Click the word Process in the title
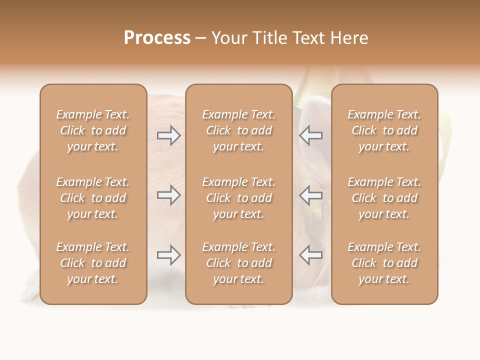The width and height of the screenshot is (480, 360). coord(157,38)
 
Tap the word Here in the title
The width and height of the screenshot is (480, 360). coord(349,38)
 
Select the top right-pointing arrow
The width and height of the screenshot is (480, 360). coord(168,135)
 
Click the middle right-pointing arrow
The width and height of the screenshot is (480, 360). coord(168,195)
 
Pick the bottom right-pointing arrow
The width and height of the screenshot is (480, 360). coord(168,255)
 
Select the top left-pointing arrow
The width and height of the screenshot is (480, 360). coord(310,135)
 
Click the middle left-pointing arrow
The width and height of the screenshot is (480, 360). coord(310,195)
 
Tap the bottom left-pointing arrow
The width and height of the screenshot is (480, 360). coord(310,255)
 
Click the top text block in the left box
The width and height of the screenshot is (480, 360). coord(93,130)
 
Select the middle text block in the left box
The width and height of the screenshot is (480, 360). coord(93,198)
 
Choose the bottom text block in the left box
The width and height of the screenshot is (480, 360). coord(93,263)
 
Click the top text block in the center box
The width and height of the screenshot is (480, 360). coord(239,130)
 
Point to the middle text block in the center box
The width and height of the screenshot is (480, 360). coord(239,198)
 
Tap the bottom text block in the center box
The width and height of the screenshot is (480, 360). coord(239,263)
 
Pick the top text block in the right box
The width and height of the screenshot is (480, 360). coord(384,130)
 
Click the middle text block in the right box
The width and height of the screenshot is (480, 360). coord(384,198)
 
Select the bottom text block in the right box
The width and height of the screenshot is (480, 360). coord(384,263)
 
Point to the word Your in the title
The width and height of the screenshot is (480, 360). coord(229,38)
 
